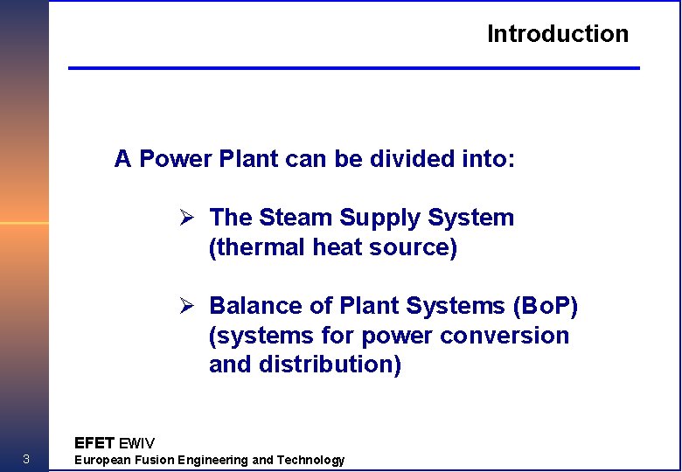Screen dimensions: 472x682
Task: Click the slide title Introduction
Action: (558, 34)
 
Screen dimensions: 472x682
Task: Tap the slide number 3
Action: (26, 460)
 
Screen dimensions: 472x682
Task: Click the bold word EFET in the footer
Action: (94, 443)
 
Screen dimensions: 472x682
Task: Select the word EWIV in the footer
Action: (136, 443)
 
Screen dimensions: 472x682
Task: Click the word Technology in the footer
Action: (310, 460)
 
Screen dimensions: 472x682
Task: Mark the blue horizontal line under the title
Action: (354, 67)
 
